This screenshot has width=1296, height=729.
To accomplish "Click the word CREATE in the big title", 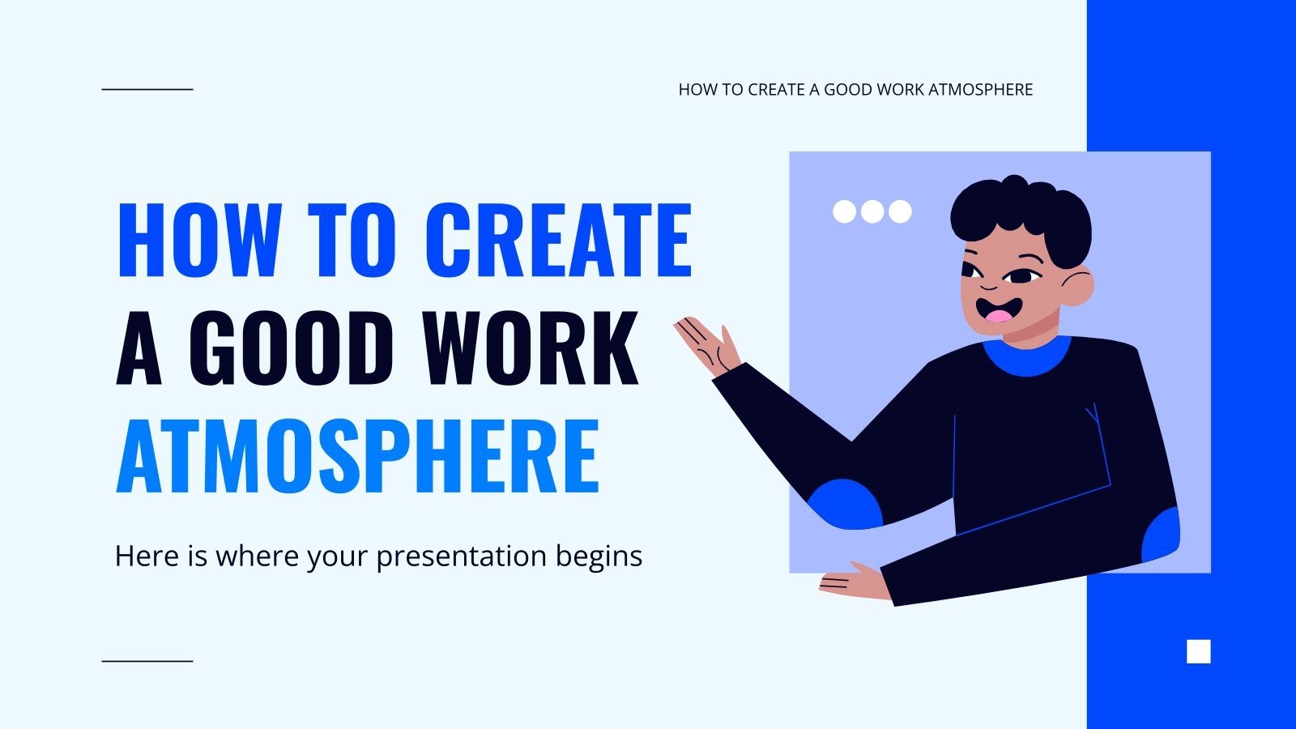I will pos(557,241).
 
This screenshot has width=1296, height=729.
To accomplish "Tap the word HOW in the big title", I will pos(199,241).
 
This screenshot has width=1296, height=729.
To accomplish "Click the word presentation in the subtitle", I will pos(462,557).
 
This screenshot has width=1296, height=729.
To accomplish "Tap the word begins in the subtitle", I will pos(599,557).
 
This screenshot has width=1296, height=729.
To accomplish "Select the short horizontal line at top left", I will pos(147,89).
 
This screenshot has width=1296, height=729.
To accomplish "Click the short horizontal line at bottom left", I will pos(147,661).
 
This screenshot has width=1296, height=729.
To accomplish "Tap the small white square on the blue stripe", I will pos(1199,651).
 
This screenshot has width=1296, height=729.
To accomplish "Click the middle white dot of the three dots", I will pos(872,211).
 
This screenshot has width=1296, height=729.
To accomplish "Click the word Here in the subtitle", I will pos(147,556).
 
